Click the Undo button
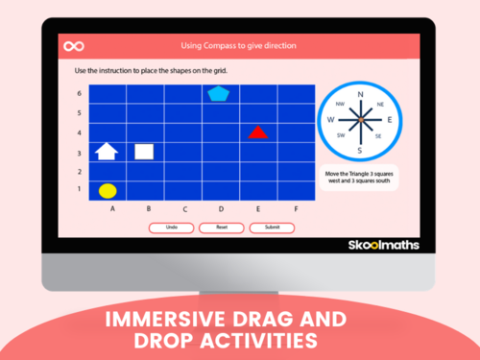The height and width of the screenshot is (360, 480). [x=171, y=228]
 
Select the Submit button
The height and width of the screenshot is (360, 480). [x=272, y=228]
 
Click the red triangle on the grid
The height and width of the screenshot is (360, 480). [x=256, y=132]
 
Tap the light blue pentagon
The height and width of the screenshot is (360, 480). [x=218, y=93]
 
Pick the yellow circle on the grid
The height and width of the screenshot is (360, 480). [x=108, y=190]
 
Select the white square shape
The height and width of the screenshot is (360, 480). [x=144, y=151]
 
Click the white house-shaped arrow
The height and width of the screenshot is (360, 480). [x=107, y=151]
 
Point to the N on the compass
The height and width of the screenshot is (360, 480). [x=360, y=95]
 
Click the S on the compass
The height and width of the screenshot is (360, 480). [x=359, y=151]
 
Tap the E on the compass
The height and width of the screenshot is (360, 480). [x=388, y=121]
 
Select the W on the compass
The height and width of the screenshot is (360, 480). [x=330, y=121]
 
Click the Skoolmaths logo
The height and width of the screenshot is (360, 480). [x=382, y=245]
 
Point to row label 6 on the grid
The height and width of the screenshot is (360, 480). [x=79, y=93]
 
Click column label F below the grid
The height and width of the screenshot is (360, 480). [x=295, y=208]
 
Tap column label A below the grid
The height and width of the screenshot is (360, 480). [x=113, y=208]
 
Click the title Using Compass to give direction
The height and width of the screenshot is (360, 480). [x=238, y=46]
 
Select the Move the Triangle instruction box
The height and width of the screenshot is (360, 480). [x=359, y=179]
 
